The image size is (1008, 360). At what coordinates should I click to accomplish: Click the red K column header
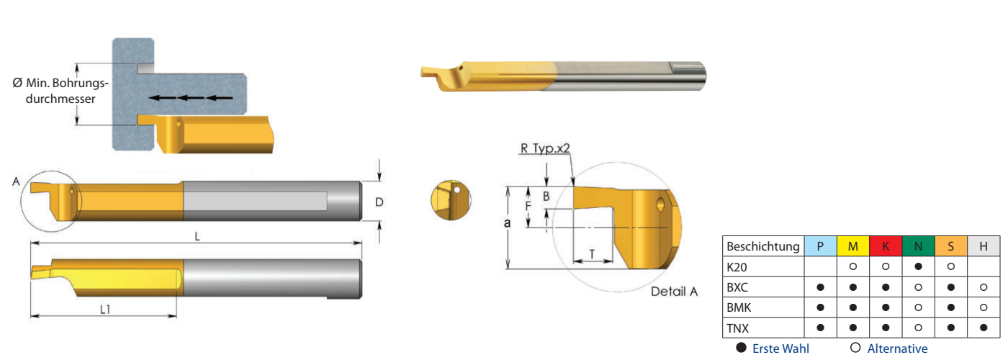click(x=886, y=246)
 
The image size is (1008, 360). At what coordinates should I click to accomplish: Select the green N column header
click(x=919, y=246)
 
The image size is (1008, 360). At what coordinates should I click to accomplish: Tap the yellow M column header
click(x=852, y=246)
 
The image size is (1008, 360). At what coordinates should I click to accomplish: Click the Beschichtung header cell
click(x=763, y=246)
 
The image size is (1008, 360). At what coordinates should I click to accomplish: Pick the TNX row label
click(x=737, y=328)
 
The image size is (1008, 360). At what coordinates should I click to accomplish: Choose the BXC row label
click(x=737, y=287)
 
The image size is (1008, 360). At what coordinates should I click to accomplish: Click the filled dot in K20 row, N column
click(x=919, y=266)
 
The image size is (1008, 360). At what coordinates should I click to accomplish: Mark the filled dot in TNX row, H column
click(x=984, y=328)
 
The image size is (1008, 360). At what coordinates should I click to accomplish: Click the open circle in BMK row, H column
click(x=984, y=307)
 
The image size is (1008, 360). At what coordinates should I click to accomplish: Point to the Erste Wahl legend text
click(x=780, y=348)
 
